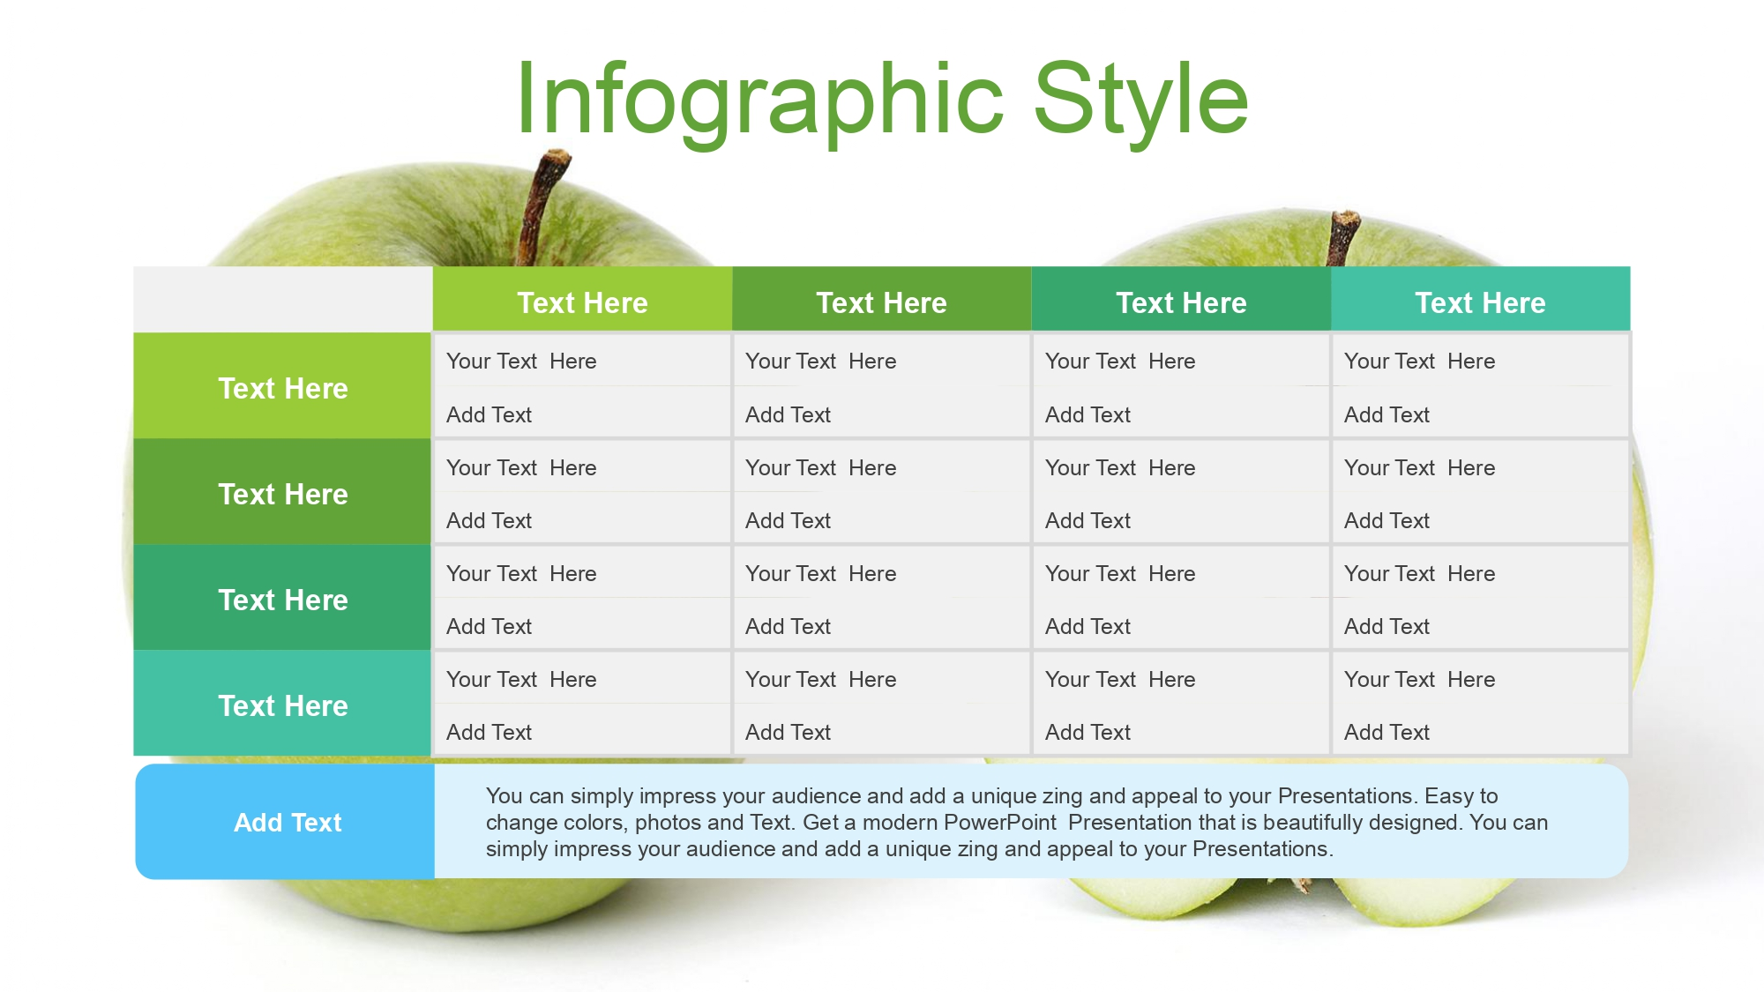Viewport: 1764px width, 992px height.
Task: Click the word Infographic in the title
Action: point(759,100)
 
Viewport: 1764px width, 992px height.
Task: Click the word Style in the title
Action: point(1141,100)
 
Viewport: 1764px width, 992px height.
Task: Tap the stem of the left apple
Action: point(540,207)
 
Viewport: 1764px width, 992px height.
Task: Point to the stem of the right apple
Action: point(1342,237)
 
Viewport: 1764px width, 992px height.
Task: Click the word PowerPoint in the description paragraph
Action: point(999,822)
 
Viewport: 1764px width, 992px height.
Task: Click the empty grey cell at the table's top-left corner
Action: point(283,299)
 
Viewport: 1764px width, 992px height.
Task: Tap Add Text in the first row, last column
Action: point(1387,414)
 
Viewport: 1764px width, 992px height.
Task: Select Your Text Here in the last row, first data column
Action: point(521,679)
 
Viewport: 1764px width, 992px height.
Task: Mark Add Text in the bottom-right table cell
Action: point(1387,732)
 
